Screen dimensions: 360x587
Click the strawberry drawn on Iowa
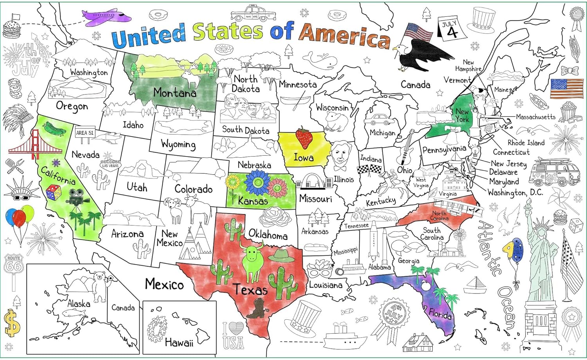304,138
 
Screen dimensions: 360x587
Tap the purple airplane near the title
106,16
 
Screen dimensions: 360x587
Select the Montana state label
175,93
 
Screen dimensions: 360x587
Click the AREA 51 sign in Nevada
85,133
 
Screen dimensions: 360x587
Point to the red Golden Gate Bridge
35,145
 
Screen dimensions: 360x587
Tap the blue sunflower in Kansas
257,182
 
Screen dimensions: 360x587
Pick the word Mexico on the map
164,284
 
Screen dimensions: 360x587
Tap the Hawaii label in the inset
179,343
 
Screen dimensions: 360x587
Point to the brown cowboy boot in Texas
256,309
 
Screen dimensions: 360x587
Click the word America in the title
344,36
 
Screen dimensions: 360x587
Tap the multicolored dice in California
53,193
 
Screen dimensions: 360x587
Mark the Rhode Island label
526,143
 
